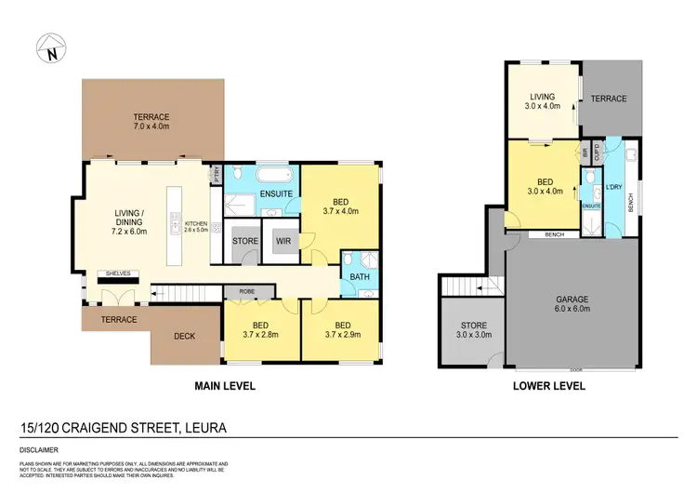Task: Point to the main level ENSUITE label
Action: click(x=276, y=194)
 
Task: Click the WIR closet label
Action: click(x=283, y=240)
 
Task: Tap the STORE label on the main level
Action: click(x=244, y=240)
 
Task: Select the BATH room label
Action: click(x=357, y=276)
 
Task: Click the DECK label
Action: click(x=184, y=336)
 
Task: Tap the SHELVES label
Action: click(x=119, y=273)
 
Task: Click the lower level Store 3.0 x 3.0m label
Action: click(x=468, y=330)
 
